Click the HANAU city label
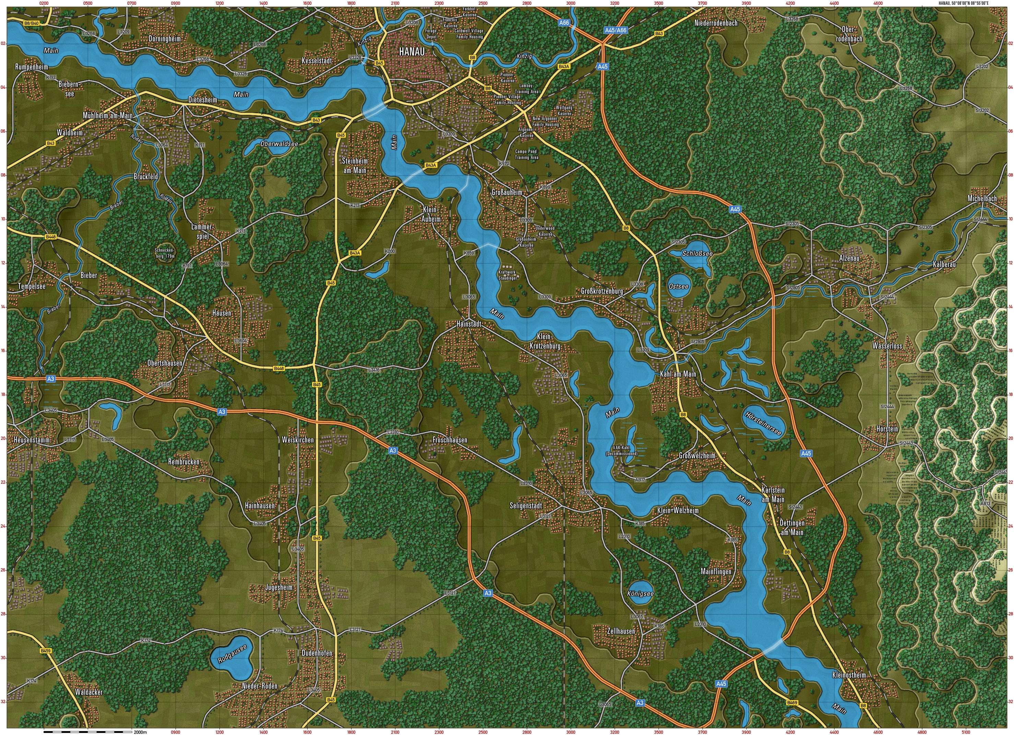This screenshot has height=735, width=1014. [x=412, y=51]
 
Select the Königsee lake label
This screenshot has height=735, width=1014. [x=640, y=594]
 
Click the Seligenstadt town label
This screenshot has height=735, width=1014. [x=526, y=506]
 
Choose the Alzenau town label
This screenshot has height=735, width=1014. [x=849, y=258]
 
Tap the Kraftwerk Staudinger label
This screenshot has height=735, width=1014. [x=507, y=275]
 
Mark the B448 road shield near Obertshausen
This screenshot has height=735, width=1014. [x=279, y=368]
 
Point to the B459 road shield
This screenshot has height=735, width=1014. [x=46, y=651]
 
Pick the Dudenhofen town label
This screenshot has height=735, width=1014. [x=317, y=653]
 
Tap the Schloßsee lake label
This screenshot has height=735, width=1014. [x=697, y=253]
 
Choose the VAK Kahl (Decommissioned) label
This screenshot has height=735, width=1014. [x=622, y=450]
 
